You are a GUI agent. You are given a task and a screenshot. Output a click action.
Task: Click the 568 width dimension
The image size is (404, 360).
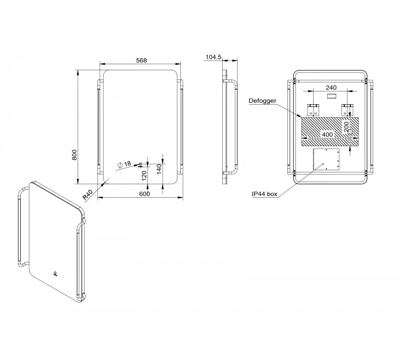141,60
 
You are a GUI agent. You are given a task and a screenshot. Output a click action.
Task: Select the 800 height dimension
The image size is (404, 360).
74,155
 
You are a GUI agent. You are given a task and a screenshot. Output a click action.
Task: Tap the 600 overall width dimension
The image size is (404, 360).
144,194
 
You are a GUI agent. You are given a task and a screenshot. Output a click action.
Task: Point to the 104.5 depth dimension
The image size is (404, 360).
213,57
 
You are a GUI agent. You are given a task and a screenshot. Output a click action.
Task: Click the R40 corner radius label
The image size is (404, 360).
87,195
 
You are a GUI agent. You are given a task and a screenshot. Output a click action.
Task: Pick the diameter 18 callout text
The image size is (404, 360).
124,164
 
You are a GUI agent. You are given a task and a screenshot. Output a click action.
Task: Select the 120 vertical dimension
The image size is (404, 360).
144,175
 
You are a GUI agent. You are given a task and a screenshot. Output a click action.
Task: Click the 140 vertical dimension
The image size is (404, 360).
159,169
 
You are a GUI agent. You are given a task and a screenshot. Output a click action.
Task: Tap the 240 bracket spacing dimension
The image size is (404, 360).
331,87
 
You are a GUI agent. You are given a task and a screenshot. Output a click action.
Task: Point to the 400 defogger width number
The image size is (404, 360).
327,134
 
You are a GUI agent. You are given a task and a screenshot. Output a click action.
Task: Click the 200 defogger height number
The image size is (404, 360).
346,127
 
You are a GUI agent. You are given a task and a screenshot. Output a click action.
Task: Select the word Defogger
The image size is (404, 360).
263,101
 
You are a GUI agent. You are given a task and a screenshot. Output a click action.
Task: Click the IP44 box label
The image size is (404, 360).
265,194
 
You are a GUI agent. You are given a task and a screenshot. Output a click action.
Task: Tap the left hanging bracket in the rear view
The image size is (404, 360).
313,110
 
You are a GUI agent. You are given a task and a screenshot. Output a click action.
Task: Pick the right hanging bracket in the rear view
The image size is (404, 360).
347,110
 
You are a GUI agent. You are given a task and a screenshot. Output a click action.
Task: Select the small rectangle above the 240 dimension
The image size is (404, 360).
331,96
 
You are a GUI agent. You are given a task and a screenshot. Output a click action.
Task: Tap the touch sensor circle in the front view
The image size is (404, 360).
140,164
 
